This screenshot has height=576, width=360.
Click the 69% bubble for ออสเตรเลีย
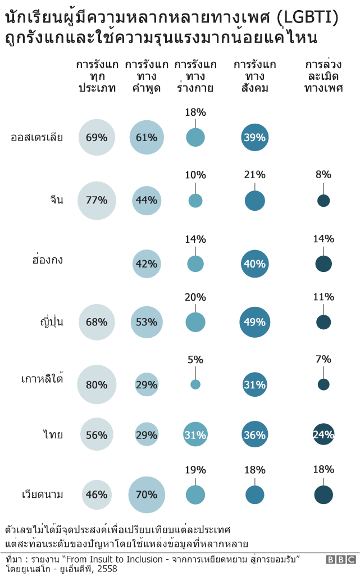(x=97, y=137)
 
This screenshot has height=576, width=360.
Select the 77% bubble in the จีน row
(x=97, y=201)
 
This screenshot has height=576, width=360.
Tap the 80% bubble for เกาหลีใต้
(x=97, y=384)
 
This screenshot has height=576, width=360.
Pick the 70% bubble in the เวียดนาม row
(x=147, y=495)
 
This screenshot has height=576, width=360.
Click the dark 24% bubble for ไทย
(x=323, y=434)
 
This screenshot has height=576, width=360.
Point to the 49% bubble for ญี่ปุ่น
(x=254, y=322)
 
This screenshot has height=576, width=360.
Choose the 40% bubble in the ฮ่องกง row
(x=254, y=264)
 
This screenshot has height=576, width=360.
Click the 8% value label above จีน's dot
(x=323, y=175)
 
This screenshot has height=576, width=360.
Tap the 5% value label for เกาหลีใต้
(x=195, y=360)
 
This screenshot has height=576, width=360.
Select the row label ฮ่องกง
(x=47, y=260)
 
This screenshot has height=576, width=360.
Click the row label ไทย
(x=53, y=435)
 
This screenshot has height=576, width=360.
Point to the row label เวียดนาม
(x=42, y=495)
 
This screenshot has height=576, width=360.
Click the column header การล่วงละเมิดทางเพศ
(x=323, y=76)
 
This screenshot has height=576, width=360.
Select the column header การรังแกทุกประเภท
(x=97, y=76)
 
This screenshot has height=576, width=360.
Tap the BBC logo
(x=341, y=559)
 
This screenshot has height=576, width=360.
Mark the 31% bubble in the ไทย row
(x=195, y=435)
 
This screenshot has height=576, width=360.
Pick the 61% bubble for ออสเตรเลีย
(x=147, y=137)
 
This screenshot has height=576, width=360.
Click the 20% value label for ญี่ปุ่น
(x=195, y=297)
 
